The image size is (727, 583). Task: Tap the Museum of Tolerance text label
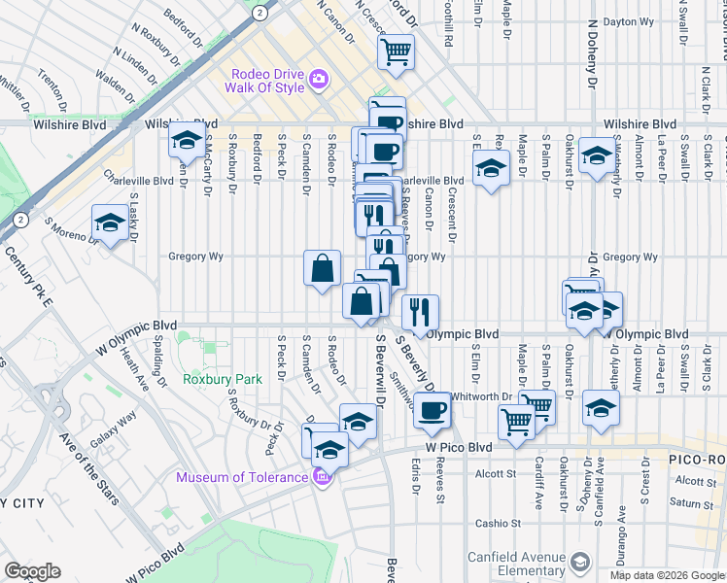[x=242, y=476]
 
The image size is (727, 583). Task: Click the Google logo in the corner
[x=32, y=571]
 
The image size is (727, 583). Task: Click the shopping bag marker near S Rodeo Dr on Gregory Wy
[x=322, y=267]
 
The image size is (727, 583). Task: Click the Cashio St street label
[x=499, y=523]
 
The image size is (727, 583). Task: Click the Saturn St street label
[x=691, y=503]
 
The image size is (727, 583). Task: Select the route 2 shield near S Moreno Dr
[x=20, y=220]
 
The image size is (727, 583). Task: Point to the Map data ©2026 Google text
[x=667, y=575]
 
